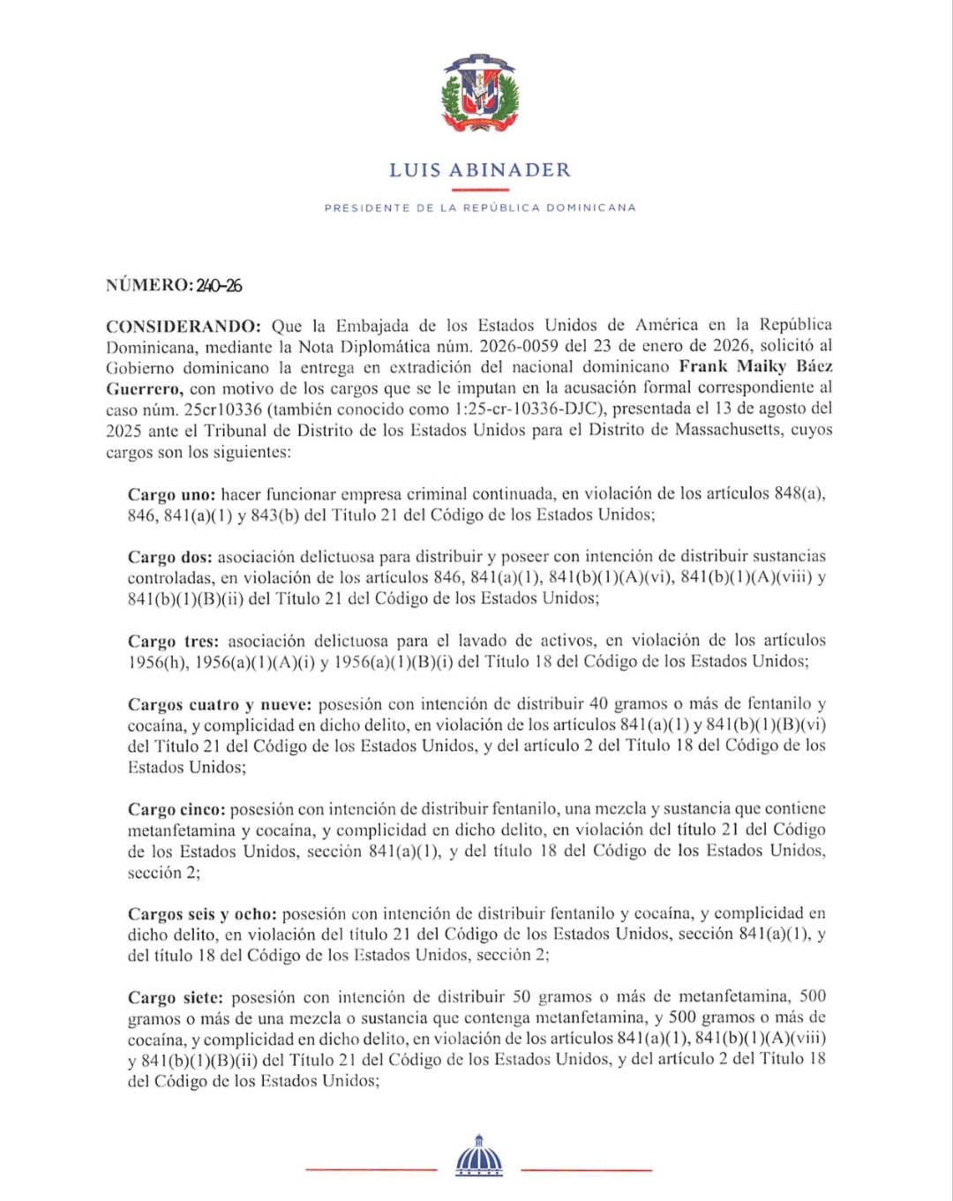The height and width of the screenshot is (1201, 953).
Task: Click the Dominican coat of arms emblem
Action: tap(479, 94)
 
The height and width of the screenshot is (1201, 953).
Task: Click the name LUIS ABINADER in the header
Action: tap(479, 169)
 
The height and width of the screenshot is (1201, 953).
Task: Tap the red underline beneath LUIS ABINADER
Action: tap(479, 189)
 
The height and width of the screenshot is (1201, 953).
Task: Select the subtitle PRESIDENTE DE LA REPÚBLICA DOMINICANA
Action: tap(479, 208)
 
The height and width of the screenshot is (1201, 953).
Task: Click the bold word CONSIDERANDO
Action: tap(183, 326)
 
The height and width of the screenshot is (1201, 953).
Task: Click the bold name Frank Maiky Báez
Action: tap(755, 366)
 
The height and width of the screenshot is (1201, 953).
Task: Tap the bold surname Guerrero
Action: tap(144, 388)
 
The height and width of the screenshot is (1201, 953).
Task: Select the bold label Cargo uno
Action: tap(171, 494)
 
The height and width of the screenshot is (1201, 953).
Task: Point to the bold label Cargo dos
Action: tap(169, 557)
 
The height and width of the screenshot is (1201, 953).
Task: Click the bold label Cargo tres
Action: tap(173, 641)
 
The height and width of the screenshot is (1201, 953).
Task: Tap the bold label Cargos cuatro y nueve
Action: tap(219, 704)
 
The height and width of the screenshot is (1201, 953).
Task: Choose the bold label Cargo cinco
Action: tap(176, 809)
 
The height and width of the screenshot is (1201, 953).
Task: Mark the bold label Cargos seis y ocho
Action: tap(202, 914)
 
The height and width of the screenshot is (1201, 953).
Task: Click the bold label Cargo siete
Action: tap(176, 997)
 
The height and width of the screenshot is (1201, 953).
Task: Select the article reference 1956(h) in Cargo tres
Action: tap(157, 662)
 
